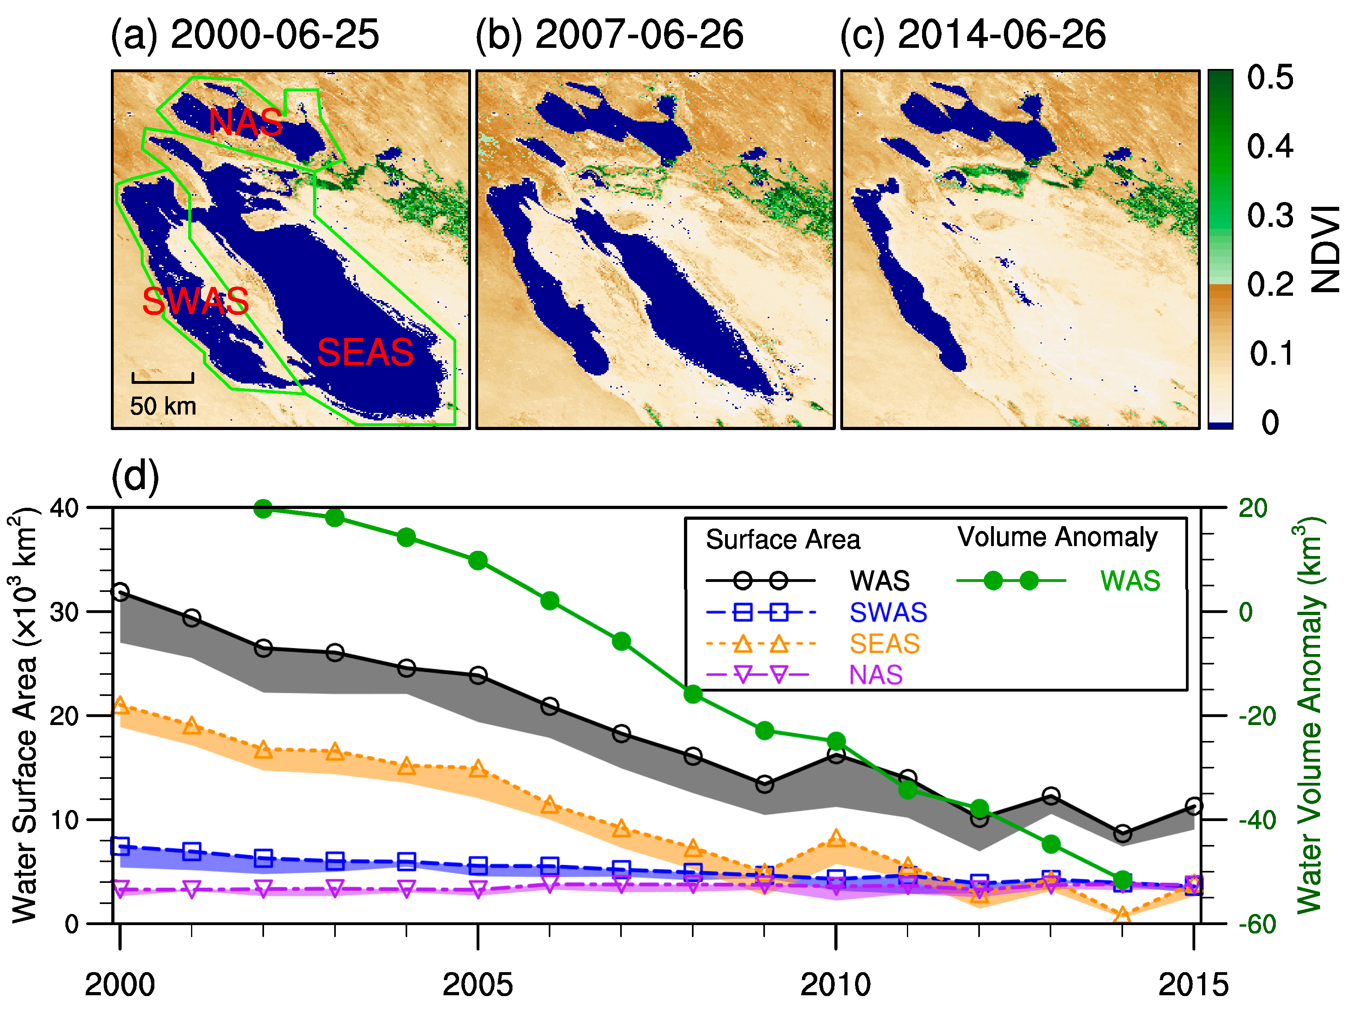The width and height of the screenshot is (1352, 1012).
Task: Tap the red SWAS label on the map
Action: (x=195, y=301)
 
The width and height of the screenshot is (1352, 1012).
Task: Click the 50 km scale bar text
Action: (x=163, y=406)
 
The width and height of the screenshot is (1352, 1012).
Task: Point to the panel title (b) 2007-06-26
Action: (x=609, y=34)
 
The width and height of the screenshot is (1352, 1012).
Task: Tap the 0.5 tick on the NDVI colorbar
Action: (x=1270, y=78)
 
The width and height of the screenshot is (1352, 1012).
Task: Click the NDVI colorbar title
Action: (x=1326, y=249)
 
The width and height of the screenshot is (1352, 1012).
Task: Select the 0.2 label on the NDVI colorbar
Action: (x=1270, y=285)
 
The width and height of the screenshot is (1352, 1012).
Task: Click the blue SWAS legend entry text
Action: (x=888, y=612)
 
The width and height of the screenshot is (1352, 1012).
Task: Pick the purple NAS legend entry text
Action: (x=876, y=675)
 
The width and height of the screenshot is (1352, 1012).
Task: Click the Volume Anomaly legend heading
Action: (x=1057, y=537)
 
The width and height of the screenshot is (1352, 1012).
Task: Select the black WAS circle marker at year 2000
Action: (x=120, y=591)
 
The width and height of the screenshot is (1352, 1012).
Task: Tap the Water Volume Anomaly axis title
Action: (x=1309, y=715)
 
